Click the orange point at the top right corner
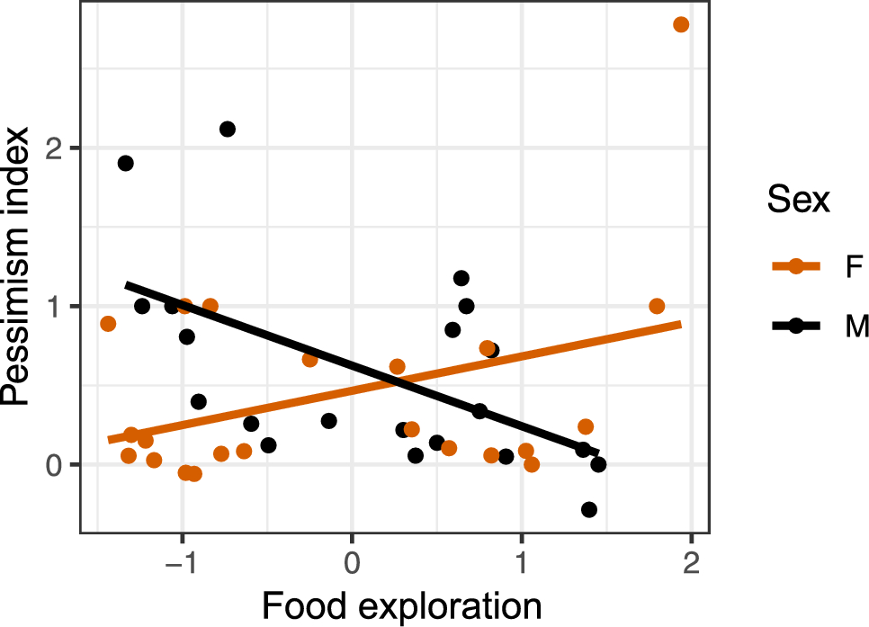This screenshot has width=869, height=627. tap(681, 24)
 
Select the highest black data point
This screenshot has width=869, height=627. tap(228, 129)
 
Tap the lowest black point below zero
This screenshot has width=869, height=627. tap(589, 509)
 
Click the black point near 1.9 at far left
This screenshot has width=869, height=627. tap(126, 163)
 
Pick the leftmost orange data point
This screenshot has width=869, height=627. tap(108, 324)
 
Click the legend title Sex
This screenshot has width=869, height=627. tap(798, 202)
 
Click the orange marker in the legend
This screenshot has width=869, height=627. tap(796, 267)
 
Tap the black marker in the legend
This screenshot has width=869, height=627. tap(796, 327)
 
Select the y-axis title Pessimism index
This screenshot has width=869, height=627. tap(22, 267)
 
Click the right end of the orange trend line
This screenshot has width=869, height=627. tap(681, 324)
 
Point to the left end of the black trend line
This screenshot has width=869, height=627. tap(126, 285)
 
